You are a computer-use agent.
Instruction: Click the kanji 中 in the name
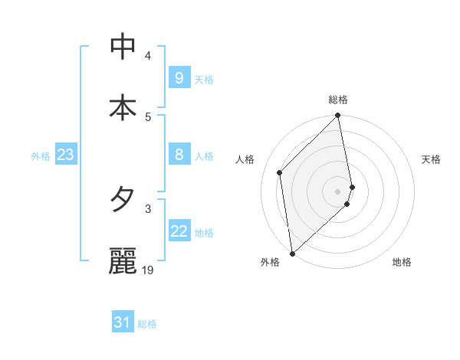tap(123, 47)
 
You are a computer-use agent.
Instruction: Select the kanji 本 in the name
tap(123, 108)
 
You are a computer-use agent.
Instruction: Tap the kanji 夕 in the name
tap(123, 200)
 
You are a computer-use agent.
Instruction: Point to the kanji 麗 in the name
tap(123, 261)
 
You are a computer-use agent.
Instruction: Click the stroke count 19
tap(148, 270)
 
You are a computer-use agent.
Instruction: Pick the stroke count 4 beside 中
tap(148, 55)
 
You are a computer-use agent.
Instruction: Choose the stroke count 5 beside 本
tap(148, 116)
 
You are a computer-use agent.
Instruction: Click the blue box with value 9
tap(179, 78)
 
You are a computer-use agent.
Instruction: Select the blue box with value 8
tap(179, 155)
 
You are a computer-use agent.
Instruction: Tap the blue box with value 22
tap(179, 231)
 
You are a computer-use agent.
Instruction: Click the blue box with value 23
tap(65, 155)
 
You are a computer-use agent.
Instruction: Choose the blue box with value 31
tap(123, 323)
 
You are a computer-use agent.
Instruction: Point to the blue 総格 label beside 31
tap(147, 324)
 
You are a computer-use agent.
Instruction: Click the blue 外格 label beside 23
tap(41, 155)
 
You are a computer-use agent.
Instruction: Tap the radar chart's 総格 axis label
tap(338, 100)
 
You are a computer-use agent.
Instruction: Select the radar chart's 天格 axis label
tap(431, 159)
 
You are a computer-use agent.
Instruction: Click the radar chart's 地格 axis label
tap(402, 263)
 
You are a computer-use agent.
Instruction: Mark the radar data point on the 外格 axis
tap(291, 254)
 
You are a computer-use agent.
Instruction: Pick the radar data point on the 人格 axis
tap(280, 172)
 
